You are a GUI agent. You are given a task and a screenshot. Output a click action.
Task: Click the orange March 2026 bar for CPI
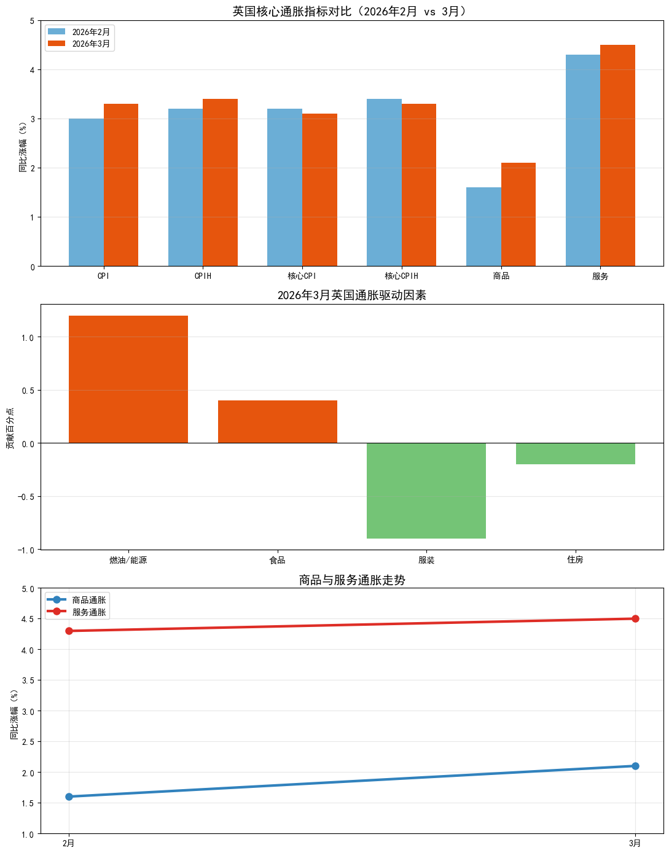[121, 185]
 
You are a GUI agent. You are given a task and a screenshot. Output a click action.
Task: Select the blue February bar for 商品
[483, 227]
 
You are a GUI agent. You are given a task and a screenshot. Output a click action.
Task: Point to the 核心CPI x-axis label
[302, 276]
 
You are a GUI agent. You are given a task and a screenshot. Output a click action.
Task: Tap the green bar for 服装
[426, 491]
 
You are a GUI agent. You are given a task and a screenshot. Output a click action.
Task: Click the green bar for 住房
[576, 454]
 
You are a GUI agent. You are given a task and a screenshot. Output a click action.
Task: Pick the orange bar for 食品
[278, 422]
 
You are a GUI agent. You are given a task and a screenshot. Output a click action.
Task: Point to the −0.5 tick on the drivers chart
[28, 497]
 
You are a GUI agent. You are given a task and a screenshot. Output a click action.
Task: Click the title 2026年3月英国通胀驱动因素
[351, 295]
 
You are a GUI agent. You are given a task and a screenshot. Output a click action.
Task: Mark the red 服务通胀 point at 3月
[635, 618]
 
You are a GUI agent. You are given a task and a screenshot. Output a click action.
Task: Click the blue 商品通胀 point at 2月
[69, 797]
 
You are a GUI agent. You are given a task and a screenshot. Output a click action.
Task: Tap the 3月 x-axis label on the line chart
[635, 843]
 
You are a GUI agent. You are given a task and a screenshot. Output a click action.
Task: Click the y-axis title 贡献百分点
[10, 428]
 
